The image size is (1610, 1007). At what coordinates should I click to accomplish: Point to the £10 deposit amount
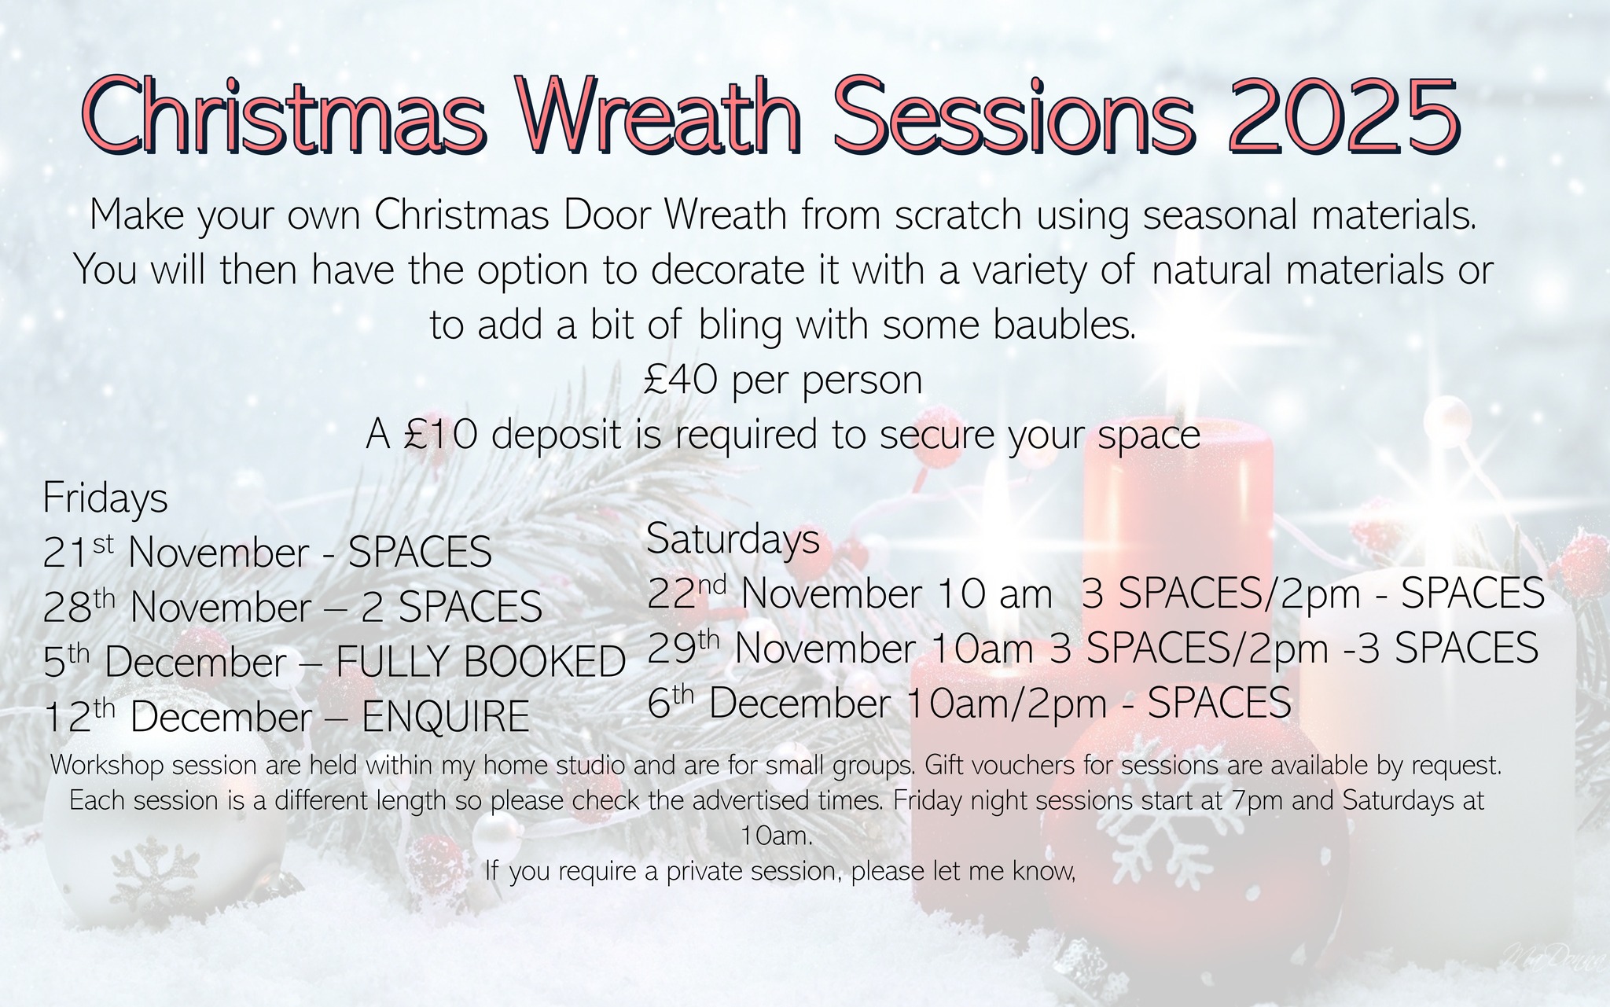pos(440,436)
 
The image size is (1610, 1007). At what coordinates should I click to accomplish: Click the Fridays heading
pos(105,498)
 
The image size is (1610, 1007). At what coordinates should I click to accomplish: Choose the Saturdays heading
pos(733,539)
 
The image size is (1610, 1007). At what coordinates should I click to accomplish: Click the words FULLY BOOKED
pos(480,662)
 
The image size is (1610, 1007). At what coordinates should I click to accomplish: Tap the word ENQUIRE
pos(445,717)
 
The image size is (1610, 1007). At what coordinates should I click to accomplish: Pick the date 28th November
pos(177,607)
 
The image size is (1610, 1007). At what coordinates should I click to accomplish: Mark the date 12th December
pos(177,717)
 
